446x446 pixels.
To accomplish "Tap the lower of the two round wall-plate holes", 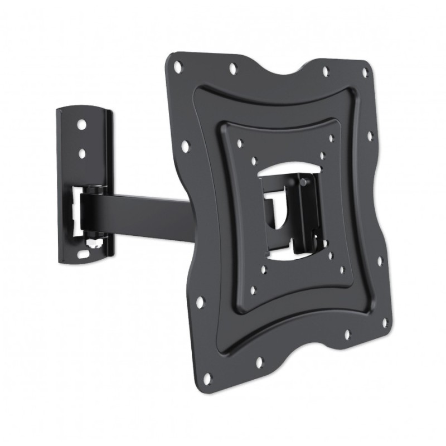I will [x=82, y=152].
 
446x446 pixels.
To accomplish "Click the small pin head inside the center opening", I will [x=301, y=181].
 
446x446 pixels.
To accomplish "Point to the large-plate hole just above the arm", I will [x=185, y=146].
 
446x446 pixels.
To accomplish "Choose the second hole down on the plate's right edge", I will [x=369, y=135].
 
